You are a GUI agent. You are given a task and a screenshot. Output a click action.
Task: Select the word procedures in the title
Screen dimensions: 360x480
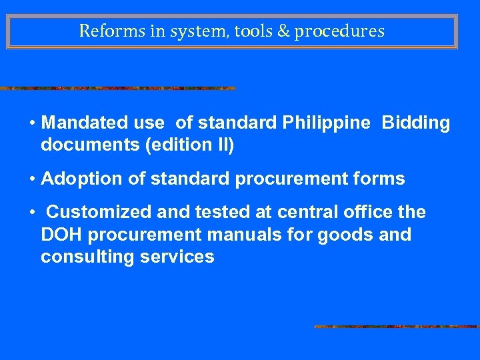(339, 31)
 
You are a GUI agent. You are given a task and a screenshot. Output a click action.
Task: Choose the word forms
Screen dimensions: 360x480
(379, 179)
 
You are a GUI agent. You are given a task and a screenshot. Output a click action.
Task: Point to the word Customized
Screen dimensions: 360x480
(99, 212)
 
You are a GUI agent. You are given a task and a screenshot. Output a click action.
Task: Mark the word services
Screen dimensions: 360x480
(180, 257)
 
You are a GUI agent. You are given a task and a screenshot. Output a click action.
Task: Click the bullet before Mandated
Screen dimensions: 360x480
(32, 123)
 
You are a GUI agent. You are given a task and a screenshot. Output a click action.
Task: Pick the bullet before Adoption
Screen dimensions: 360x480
(32, 179)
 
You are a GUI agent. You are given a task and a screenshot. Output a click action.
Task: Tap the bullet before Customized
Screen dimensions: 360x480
(32, 212)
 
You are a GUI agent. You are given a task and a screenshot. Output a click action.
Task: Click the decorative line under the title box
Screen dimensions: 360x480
(117, 88)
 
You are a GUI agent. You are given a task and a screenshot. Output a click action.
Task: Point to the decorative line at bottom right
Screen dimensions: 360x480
(397, 327)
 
